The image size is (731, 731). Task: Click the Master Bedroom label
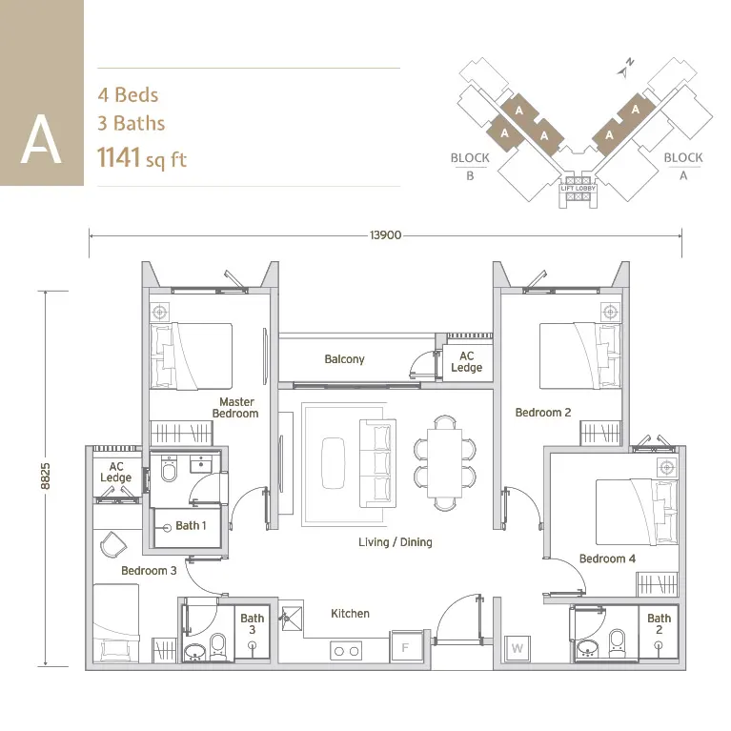(235, 408)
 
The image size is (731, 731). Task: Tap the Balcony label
(344, 359)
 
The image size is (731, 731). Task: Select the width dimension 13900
(386, 235)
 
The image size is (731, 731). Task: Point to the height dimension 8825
(45, 476)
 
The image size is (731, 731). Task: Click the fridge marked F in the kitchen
(406, 646)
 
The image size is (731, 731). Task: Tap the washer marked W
(517, 648)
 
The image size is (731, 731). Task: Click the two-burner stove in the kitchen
(346, 651)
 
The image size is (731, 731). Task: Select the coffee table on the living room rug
(333, 463)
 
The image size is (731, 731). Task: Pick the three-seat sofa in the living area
(377, 463)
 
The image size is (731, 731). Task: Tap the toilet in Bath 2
(618, 644)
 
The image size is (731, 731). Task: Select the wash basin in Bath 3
(194, 651)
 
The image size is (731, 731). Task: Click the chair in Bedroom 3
(113, 543)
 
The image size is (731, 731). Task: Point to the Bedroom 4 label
(607, 558)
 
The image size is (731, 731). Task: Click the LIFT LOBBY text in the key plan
(579, 189)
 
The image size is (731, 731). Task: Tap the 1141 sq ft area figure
(142, 158)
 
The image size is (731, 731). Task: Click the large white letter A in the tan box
(41, 139)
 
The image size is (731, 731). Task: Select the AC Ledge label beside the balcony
(467, 362)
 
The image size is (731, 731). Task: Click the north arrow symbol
(624, 69)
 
